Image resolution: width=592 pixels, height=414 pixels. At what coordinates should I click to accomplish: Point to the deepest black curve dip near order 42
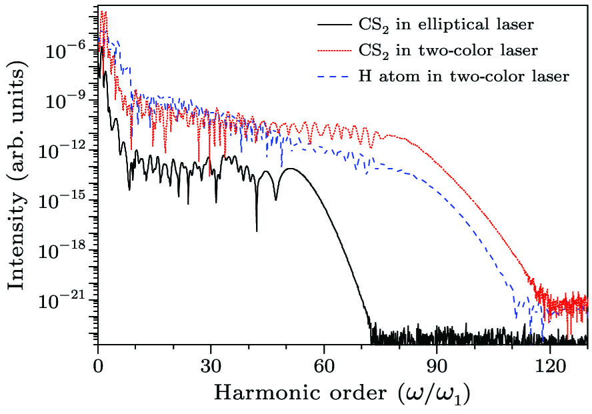coord(257,230)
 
